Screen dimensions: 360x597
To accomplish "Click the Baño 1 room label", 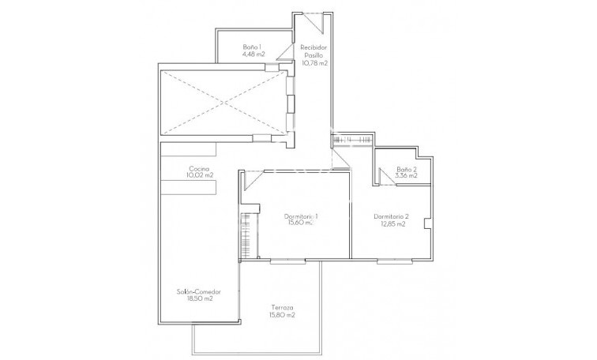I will coord(253,47).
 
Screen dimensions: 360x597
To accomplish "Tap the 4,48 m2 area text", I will coord(253,54).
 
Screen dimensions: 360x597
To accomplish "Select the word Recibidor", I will coord(314,47).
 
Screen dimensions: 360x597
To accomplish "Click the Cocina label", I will coord(197,168).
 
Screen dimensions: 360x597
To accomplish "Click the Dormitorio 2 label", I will coord(391,216).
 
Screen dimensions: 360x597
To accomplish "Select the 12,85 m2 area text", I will coord(391,223).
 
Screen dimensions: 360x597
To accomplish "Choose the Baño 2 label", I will coord(407,170).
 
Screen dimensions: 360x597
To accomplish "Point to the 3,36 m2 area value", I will coord(407,177).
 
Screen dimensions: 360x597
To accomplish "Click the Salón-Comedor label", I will coord(198,291).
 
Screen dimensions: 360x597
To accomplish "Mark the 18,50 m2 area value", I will coord(198,298).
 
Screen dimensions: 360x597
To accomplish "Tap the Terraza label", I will coord(282,308).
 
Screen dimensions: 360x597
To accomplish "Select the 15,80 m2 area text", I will coord(282,315).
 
